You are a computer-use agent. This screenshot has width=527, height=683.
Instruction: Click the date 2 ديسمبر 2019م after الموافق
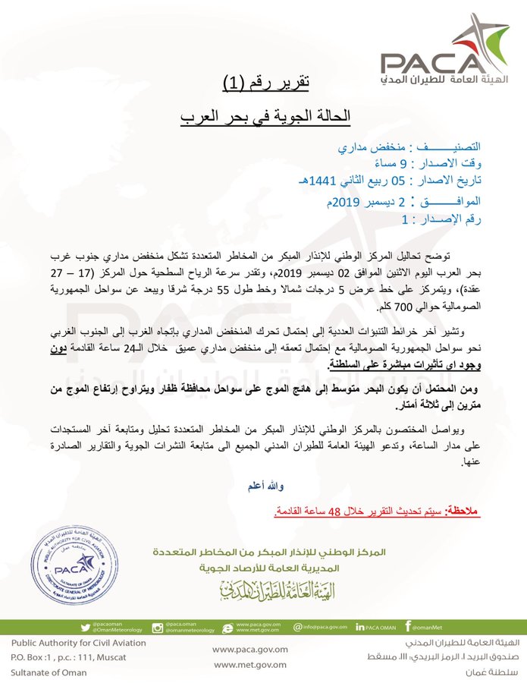click(x=355, y=202)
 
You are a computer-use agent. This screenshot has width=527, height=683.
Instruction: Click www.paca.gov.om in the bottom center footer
click(x=250, y=650)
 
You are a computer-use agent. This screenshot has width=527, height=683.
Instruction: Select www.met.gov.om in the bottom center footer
click(x=250, y=666)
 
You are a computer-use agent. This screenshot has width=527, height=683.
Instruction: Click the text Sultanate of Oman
click(x=49, y=672)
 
